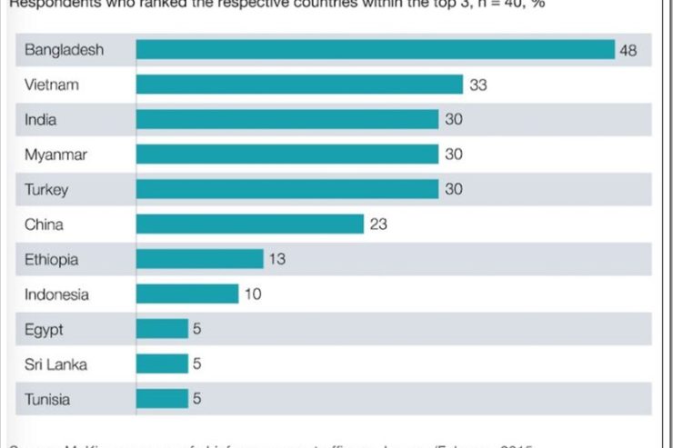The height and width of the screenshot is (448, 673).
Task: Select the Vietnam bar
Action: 299,85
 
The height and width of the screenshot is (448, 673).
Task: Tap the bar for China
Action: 249,224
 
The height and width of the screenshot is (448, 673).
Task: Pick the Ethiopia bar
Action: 199,259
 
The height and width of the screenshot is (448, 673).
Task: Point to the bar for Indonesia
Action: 186,294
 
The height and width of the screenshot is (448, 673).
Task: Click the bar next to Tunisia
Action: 162,398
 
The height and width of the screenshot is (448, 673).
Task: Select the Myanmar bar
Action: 286,154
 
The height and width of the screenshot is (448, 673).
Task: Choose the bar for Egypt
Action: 162,329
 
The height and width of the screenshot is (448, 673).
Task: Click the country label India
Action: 40,120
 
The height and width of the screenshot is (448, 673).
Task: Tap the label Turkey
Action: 46,190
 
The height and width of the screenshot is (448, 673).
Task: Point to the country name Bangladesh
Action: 64,50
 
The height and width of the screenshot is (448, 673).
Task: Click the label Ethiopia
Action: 52,259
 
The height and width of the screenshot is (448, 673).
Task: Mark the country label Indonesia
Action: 57,294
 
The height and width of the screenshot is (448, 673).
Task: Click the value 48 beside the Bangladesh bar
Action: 628,50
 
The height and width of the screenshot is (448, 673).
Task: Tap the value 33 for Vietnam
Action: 478,85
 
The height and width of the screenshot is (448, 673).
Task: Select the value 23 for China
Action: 378,224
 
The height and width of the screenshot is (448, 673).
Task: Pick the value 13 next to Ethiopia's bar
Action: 277,259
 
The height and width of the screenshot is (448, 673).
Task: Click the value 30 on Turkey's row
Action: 453,190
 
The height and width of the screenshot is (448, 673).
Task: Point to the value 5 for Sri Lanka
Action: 196,363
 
